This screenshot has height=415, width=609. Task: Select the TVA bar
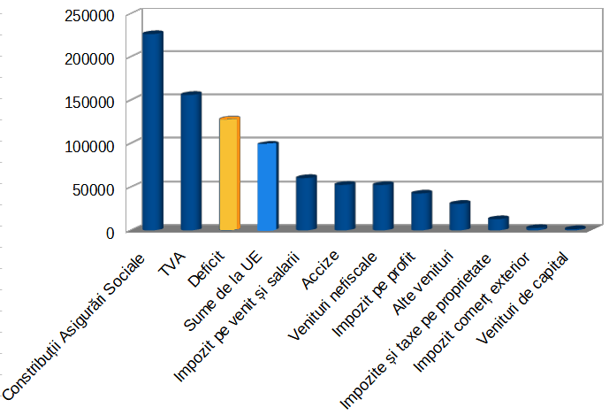coord(191,161)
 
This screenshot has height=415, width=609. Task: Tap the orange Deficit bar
coord(230,173)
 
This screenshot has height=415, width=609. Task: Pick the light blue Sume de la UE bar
coord(268,186)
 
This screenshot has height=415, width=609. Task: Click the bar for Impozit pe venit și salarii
coord(306,204)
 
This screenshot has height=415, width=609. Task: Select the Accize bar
coord(345,206)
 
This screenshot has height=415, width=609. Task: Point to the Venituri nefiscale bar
coord(383,206)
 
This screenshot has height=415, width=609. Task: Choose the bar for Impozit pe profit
coord(422,211)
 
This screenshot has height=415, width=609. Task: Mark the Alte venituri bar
coord(460,216)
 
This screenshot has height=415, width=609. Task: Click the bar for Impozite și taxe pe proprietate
coord(499,223)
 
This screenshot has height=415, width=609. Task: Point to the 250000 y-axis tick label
coord(90,15)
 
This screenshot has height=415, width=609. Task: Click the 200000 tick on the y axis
coord(90,58)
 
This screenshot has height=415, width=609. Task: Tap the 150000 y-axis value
coord(90,102)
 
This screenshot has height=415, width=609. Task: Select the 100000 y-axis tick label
coord(90,145)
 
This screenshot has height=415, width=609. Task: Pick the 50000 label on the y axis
coord(95,188)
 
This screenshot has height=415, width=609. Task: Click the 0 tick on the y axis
coord(110,232)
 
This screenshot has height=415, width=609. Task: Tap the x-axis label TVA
coord(176,265)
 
